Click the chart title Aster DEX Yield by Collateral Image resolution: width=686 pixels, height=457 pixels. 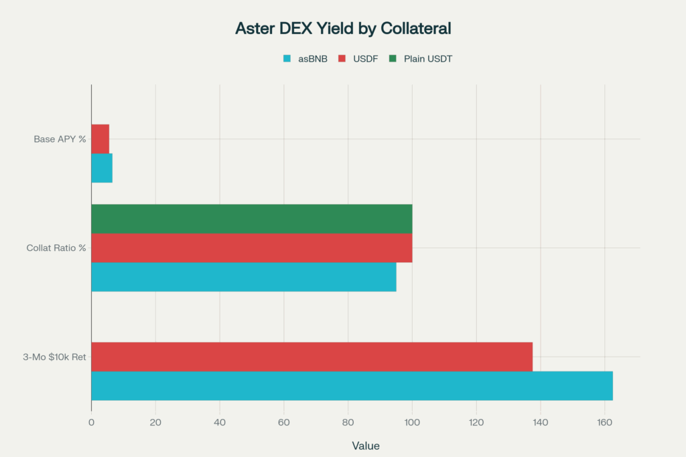tap(343, 29)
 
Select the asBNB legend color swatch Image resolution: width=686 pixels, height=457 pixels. tap(287, 59)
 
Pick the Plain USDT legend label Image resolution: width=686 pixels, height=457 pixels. tap(428, 59)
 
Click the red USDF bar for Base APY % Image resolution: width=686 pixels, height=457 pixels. tap(100, 139)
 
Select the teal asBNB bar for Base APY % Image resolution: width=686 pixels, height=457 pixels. tap(102, 168)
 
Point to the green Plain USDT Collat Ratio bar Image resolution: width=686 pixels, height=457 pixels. tap(251, 219)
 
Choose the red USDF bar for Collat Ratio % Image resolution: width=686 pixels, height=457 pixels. tap(251, 248)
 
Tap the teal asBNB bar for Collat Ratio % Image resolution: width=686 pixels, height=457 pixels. tap(243, 276)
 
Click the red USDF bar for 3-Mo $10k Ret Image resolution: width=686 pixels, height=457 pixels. tap(312, 357)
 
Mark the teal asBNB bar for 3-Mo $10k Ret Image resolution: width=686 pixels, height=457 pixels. tap(352, 385)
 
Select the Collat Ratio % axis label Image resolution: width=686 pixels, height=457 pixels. tap(56, 248)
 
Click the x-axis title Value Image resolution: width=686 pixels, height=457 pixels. tap(365, 445)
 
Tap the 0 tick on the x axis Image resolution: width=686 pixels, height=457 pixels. tap(91, 422)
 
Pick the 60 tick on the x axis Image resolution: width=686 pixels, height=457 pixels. tap(284, 422)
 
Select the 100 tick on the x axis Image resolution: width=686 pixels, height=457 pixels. tap(412, 422)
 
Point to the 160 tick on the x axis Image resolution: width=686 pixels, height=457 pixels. tap(604, 422)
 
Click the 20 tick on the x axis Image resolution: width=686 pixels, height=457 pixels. tap(155, 422)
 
